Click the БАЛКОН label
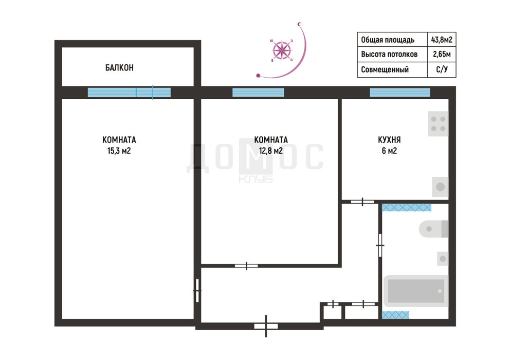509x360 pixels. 119,67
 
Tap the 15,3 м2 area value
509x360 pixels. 119,151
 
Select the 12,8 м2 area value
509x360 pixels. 271,151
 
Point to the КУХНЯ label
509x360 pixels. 389,140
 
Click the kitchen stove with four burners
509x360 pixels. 438,123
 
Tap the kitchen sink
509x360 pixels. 440,187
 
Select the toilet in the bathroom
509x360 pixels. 433,229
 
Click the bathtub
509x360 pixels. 416,291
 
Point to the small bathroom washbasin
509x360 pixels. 443,259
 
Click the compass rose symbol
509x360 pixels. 282,50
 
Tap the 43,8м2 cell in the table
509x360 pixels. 442,40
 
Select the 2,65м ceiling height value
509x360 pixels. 442,54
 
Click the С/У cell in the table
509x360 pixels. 442,69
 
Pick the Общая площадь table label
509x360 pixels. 388,40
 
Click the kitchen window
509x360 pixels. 400,93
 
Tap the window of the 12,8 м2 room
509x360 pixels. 258,93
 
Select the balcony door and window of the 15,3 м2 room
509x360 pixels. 129,93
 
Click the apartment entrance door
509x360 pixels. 266,326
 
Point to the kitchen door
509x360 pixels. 362,202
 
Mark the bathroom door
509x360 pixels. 380,245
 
